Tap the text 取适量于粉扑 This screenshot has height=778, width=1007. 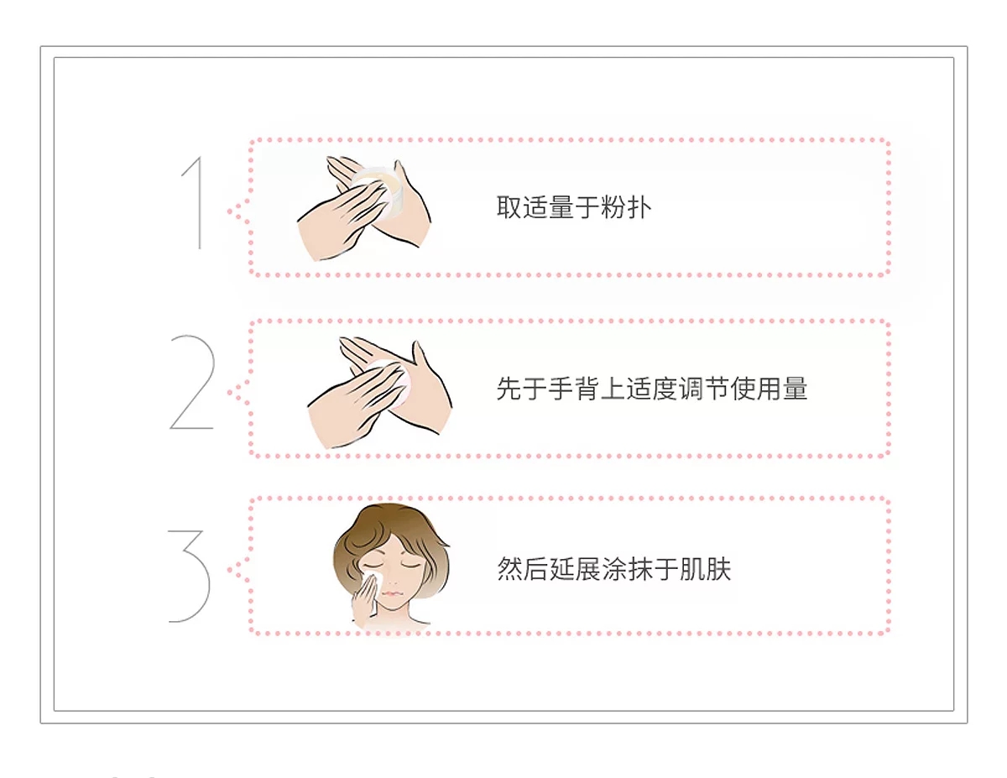pyautogui.click(x=574, y=207)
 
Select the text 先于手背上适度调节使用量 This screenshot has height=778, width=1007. pyautogui.click(x=651, y=389)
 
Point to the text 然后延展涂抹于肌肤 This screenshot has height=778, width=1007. pyautogui.click(x=614, y=569)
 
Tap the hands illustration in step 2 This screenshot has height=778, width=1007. pyautogui.click(x=379, y=393)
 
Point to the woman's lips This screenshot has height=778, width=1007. pyautogui.click(x=390, y=593)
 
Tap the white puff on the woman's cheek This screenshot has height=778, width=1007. pyautogui.click(x=374, y=579)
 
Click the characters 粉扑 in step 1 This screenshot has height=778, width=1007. pyautogui.click(x=626, y=207)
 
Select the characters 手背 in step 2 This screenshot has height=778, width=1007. pyautogui.click(x=574, y=389)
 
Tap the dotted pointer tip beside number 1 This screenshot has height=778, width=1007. pyautogui.click(x=230, y=211)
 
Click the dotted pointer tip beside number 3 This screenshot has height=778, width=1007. pyautogui.click(x=230, y=570)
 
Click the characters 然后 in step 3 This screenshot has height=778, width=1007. pyautogui.click(x=522, y=569)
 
